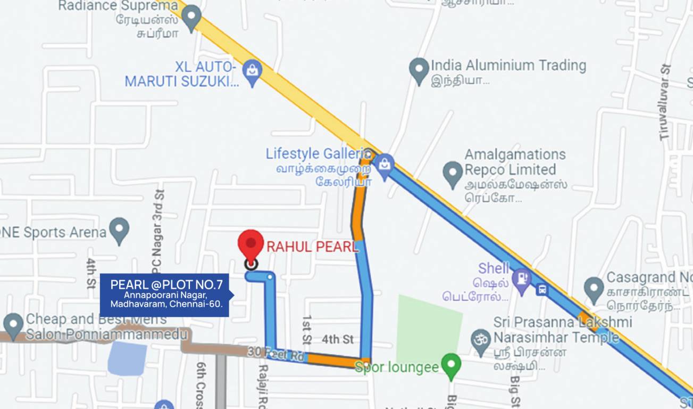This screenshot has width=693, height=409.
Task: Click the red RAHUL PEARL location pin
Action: coord(251,244)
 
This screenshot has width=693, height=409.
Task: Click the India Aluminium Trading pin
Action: coord(419,69)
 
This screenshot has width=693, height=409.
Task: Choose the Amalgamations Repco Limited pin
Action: coord(453,174)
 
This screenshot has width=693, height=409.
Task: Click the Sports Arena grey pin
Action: coord(119,231)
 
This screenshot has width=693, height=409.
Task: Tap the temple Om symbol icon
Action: coord(481,338)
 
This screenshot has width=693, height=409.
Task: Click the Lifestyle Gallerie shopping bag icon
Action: coord(384,165)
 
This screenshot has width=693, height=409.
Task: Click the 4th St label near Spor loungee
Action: coord(337,339)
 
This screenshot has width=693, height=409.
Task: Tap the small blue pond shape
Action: coord(128,358)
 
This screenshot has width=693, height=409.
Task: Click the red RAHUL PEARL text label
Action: coord(312,247)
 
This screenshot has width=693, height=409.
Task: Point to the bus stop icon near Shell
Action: coord(541,290)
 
